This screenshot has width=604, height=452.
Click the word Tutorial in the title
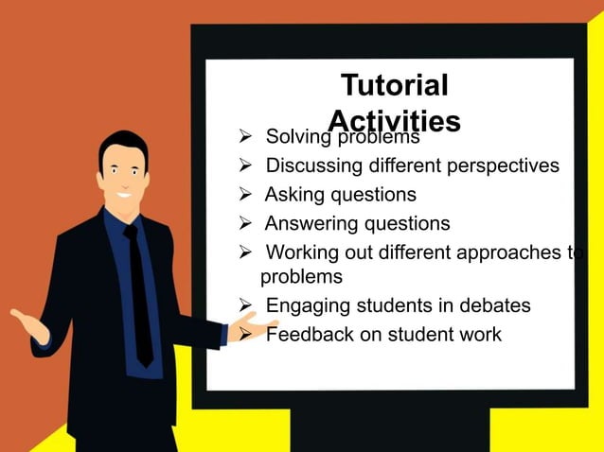[394, 86]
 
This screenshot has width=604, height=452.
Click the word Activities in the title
[395, 121]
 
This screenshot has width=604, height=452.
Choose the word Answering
[309, 224]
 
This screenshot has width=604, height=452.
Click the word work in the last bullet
[479, 335]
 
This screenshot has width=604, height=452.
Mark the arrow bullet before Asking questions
[244, 196]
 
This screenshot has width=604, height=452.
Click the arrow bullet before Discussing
[244, 167]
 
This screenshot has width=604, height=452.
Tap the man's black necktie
[140, 293]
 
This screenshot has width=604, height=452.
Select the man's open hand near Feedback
[248, 327]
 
